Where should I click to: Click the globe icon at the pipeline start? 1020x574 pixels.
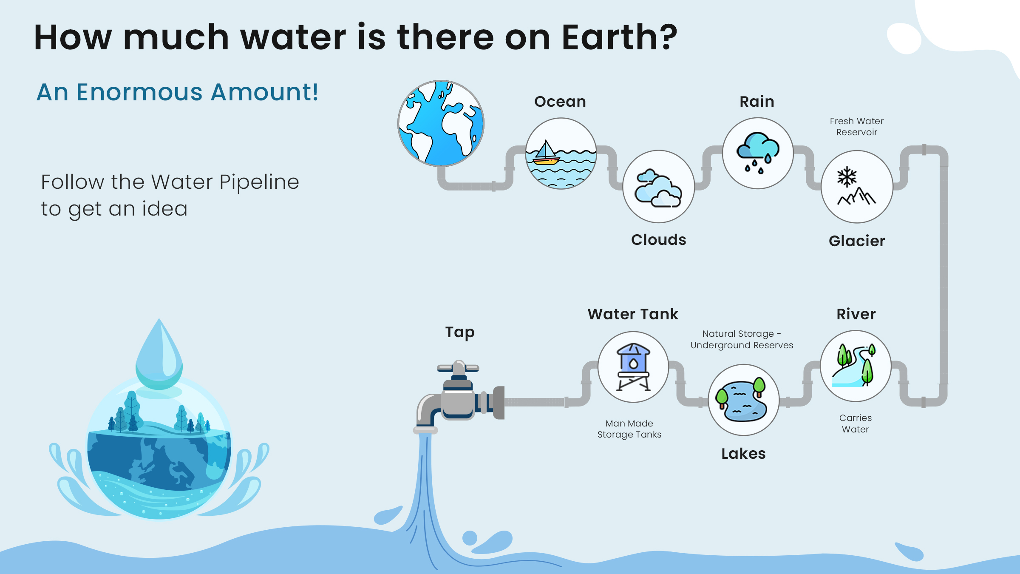coord(441,123)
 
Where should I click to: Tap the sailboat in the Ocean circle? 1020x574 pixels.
coord(546,153)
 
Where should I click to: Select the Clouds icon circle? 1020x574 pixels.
coord(659,186)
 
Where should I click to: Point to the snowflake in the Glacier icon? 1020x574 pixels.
coord(847,177)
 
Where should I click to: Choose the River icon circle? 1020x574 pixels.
coord(856,366)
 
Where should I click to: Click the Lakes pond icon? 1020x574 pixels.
coord(743,400)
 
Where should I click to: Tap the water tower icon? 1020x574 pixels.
coord(633,367)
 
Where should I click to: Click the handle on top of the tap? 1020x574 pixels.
coord(458,367)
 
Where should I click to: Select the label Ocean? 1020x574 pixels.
coord(560,102)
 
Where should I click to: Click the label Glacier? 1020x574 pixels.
coord(857,241)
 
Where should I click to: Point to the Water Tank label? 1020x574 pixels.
coord(633,314)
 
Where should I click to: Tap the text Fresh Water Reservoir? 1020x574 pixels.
coord(857,127)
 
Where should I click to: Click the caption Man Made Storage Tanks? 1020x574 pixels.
coord(629,429)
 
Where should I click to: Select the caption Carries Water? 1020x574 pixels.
coord(856,423)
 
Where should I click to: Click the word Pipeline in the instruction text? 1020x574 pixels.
coord(259,183)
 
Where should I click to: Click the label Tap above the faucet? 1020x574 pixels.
coord(460,332)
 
